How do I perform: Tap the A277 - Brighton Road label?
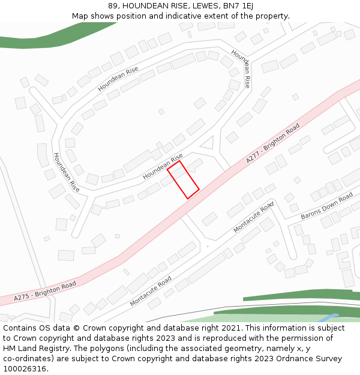pyautogui.click(x=273, y=144)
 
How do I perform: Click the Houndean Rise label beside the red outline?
pyautogui.click(x=163, y=167)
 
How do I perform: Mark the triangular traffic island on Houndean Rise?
pyautogui.click(x=208, y=143)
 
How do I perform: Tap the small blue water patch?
pyautogui.click(x=329, y=318)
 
